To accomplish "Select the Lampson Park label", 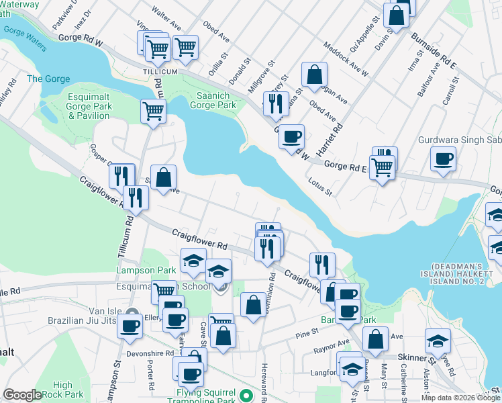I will [136, 270].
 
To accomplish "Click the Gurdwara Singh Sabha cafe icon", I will [443, 159].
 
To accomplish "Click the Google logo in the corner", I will [22, 395].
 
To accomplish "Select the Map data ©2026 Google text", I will [460, 398].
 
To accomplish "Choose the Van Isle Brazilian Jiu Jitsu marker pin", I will [132, 314].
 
